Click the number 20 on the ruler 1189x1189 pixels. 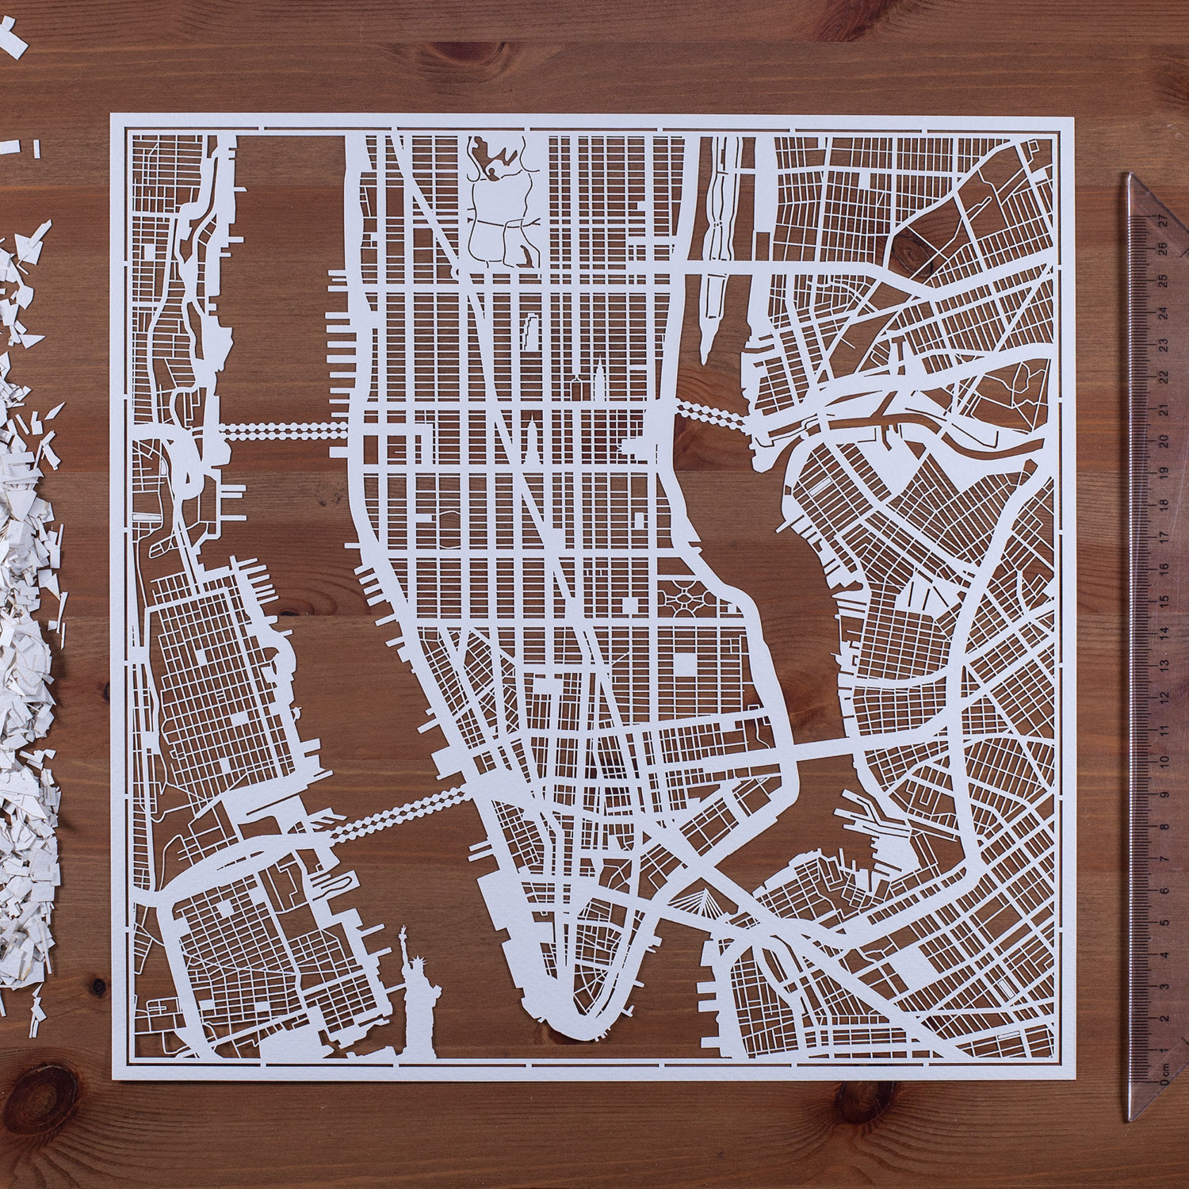[1163, 440]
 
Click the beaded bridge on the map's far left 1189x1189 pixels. [281, 430]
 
